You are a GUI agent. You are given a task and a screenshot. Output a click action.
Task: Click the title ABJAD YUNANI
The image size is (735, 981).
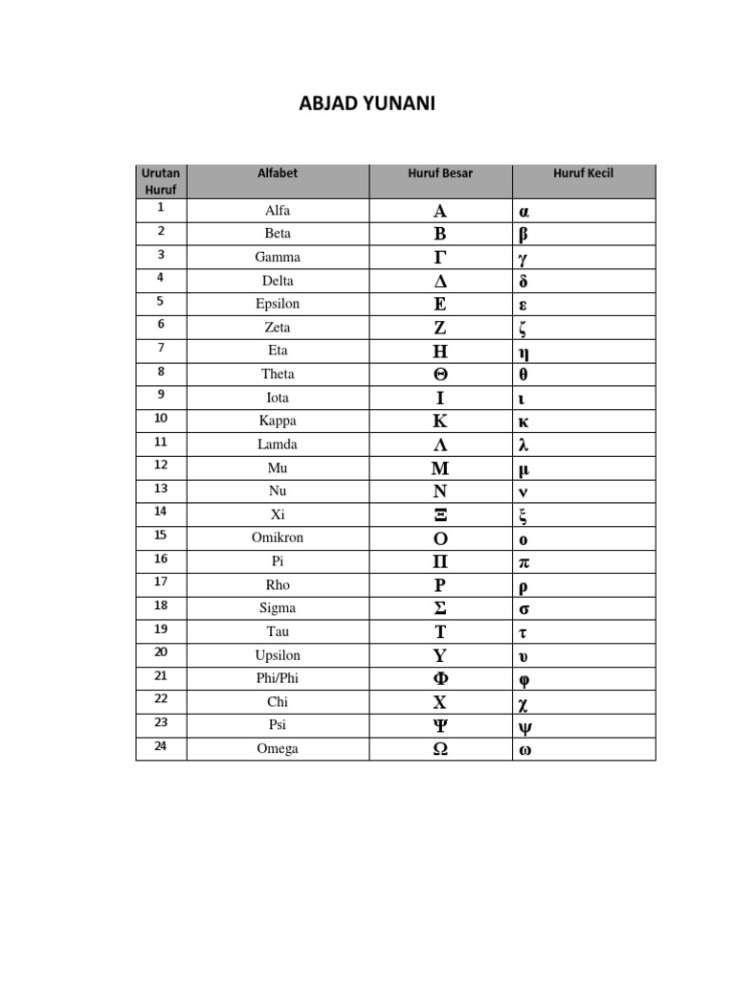367,103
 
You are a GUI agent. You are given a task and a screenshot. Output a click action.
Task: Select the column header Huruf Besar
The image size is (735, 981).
440,173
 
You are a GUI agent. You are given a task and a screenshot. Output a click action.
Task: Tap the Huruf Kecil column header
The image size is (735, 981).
583,173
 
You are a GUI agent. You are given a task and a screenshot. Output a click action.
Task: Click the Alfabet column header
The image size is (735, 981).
278,173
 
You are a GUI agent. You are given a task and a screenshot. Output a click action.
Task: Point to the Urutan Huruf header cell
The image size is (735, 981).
161,181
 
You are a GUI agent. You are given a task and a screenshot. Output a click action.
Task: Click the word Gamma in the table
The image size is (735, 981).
278,257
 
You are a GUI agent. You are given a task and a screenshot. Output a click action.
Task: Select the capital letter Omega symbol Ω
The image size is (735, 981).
440,749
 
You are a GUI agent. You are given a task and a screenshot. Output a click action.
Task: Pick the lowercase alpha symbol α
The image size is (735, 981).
523,211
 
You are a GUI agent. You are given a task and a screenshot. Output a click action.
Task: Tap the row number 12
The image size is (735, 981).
161,465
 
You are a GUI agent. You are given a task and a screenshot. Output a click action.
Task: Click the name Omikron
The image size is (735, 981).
278,537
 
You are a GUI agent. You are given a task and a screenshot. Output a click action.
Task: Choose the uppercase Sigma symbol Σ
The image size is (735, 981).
440,608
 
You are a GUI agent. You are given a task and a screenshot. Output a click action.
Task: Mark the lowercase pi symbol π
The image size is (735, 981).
523,561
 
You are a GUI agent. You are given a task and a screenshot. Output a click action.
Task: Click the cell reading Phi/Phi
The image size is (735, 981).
278,678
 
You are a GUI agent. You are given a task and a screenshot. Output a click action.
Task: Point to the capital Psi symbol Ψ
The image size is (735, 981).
440,725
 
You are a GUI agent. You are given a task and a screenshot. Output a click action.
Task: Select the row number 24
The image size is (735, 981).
161,746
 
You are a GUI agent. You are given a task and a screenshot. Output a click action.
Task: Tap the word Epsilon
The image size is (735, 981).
278,304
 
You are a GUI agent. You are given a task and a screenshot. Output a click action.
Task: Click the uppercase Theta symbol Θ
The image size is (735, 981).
440,375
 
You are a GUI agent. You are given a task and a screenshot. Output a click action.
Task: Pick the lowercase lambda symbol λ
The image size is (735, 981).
523,445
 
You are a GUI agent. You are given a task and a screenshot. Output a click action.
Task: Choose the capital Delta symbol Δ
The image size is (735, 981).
440,281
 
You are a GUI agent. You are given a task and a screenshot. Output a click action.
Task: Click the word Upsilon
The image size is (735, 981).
278,655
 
